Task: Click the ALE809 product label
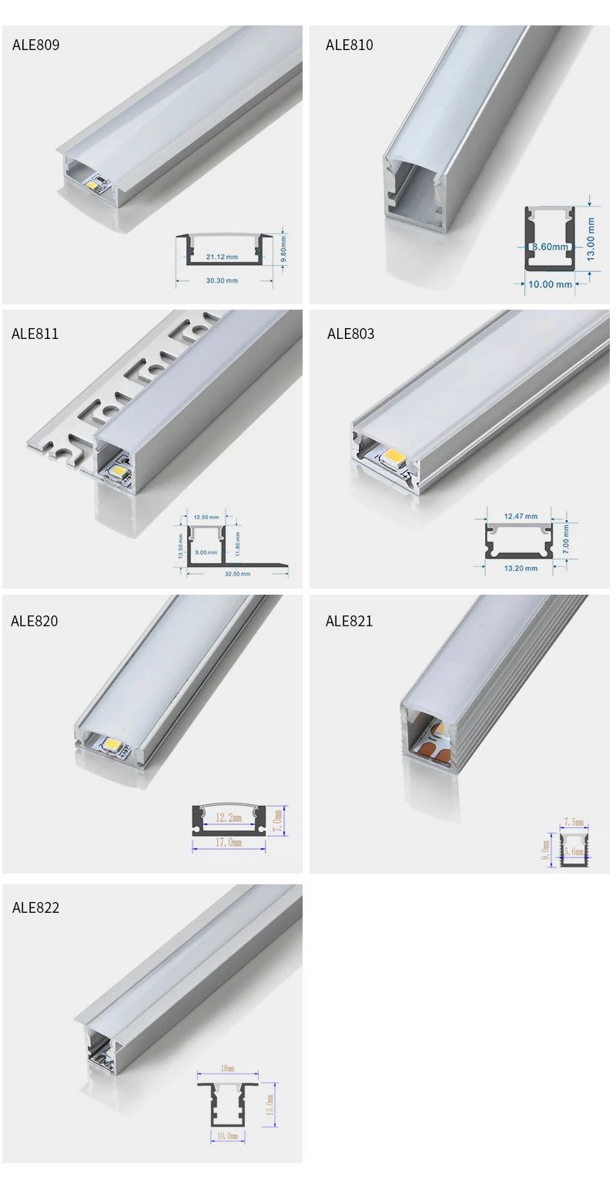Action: coord(35,45)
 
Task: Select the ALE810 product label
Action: coord(349,45)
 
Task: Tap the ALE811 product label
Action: coord(35,334)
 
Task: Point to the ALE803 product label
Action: coord(350,334)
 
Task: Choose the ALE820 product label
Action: coord(34,621)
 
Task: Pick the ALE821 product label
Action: coord(349,621)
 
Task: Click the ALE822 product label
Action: coord(35,907)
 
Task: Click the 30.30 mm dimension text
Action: coord(222,280)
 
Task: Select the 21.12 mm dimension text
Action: coord(222,257)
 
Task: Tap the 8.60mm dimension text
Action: coord(549,247)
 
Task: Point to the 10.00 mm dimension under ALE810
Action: coord(550,284)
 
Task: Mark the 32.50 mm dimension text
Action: coord(237,574)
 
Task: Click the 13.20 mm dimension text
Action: coord(521,568)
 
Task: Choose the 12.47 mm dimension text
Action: coord(521,516)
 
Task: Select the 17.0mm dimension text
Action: coord(229,843)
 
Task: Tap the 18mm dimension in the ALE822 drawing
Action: coord(227,1069)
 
